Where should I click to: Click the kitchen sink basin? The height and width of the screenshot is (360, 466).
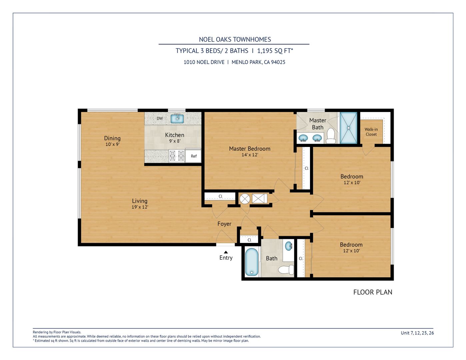coord(177,119)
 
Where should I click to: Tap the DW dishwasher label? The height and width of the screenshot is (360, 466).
coord(160,118)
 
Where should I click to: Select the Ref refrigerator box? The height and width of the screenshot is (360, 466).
coord(193,156)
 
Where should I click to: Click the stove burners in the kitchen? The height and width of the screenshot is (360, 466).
coord(177,156)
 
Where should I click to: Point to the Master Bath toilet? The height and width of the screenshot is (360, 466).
coord(331,136)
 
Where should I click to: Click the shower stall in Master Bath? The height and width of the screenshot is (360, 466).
coord(348,128)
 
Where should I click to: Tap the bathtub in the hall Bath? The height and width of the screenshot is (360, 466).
coord(252,262)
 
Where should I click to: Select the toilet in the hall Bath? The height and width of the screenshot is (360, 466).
coord(286,270)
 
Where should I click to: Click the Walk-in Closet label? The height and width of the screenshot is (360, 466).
coord(371,132)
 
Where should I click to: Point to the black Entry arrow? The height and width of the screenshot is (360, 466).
coord(226,252)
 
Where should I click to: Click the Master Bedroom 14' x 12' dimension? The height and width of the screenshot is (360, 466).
coord(250,155)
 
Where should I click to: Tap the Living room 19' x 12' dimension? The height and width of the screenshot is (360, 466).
coord(140,207)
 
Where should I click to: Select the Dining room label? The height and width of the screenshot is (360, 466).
coord(112,138)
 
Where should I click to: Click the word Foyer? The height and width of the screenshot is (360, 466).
coord(224,224)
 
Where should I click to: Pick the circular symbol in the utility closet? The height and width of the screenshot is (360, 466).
coord(245,199)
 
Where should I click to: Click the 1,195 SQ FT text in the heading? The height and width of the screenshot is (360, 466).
coord(275,51)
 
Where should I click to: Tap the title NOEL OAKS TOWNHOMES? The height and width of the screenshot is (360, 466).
coord(235,39)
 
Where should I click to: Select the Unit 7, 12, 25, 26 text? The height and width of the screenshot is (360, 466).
coord(417,333)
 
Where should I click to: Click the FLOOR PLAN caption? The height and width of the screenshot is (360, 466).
coord(373,292)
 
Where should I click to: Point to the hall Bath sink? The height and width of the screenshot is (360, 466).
coord(289,246)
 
